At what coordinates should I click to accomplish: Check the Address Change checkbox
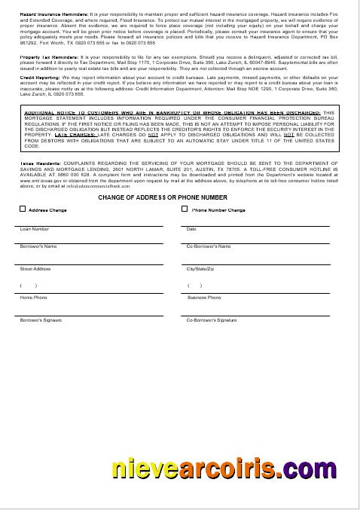coord(23,210)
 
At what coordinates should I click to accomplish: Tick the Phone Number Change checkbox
coord(185,210)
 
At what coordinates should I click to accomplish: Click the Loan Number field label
coord(35,229)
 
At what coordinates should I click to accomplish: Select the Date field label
coord(191,229)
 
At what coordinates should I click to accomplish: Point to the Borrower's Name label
coord(38,246)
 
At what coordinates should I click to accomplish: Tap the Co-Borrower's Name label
coord(209,246)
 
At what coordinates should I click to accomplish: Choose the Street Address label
coord(35,269)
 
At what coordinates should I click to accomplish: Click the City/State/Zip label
coord(201,269)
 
